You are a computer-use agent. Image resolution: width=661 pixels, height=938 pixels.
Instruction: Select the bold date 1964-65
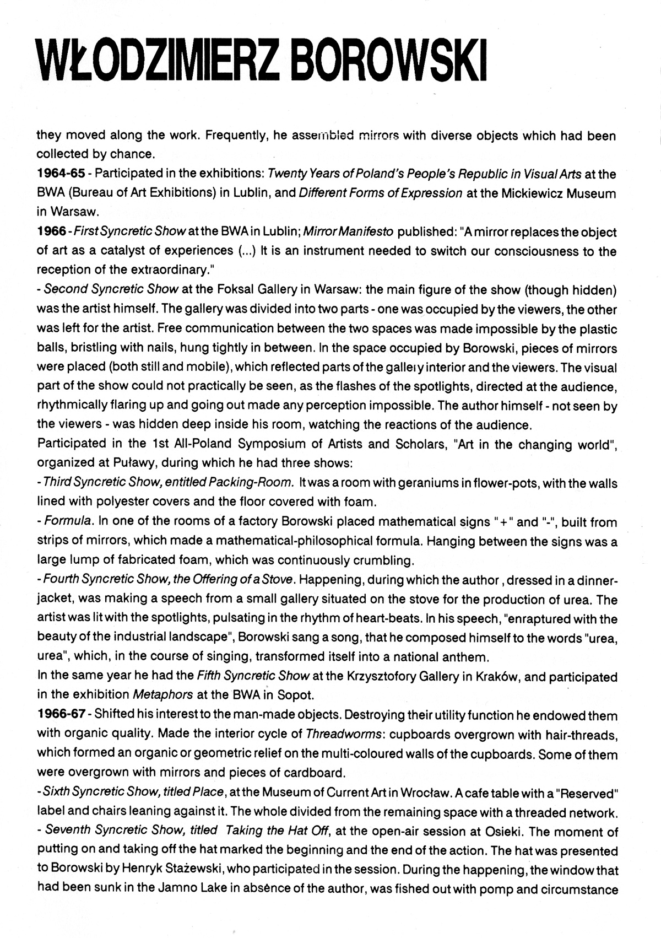[x=61, y=174]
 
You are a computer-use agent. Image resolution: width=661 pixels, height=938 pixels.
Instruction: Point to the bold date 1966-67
[x=61, y=715]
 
